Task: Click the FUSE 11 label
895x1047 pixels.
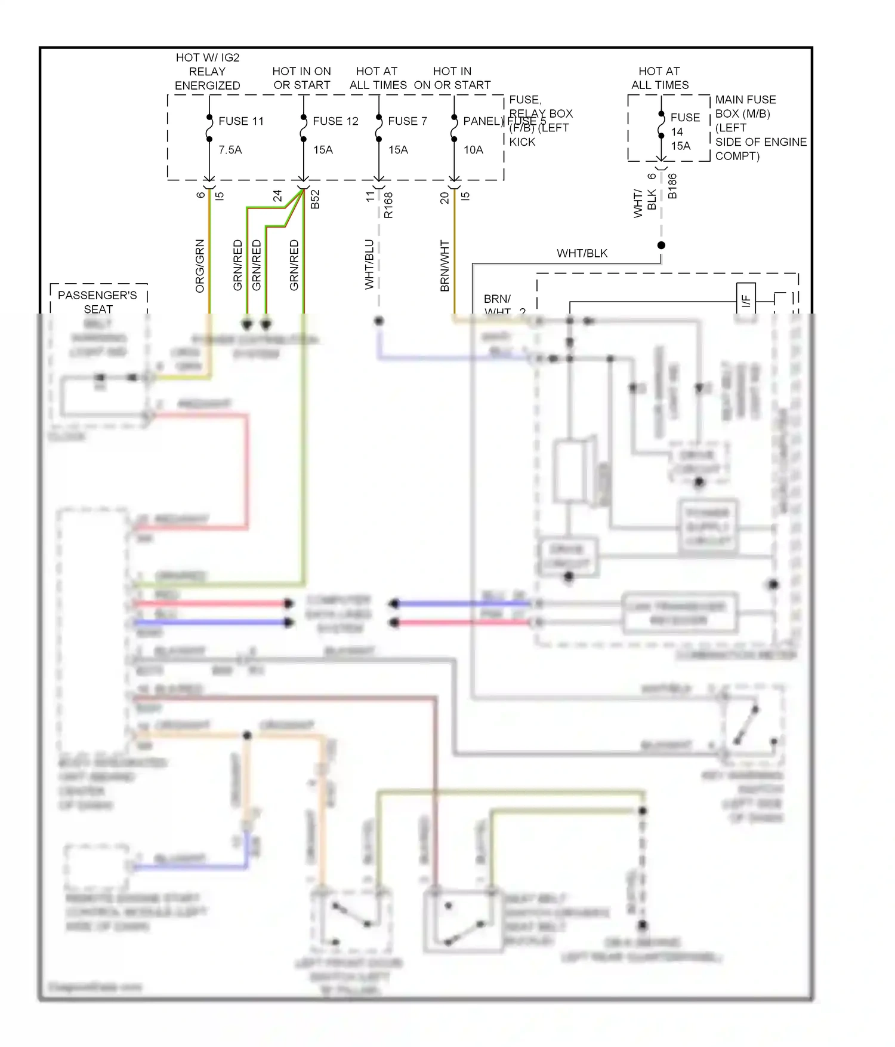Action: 240,121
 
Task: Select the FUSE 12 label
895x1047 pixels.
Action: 335,121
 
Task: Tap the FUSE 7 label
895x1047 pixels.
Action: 408,121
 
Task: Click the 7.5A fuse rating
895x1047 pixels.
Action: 230,150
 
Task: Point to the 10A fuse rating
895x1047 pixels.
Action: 473,150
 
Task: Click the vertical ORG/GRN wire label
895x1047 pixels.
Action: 200,266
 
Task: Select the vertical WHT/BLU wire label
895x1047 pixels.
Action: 369,265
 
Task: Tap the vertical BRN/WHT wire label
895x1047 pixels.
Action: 445,266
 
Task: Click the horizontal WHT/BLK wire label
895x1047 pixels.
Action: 582,253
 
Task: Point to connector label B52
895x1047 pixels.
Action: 316,199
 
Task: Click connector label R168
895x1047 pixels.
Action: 388,204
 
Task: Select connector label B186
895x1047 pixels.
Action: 672,186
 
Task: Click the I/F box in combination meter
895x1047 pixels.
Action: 746,301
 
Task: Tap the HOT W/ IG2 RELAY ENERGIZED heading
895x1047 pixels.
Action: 208,72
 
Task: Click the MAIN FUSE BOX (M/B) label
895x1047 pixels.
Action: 745,106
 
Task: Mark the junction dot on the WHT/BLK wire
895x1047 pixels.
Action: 661,245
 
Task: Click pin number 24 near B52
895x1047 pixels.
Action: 277,196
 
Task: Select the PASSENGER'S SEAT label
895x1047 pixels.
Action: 97,302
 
